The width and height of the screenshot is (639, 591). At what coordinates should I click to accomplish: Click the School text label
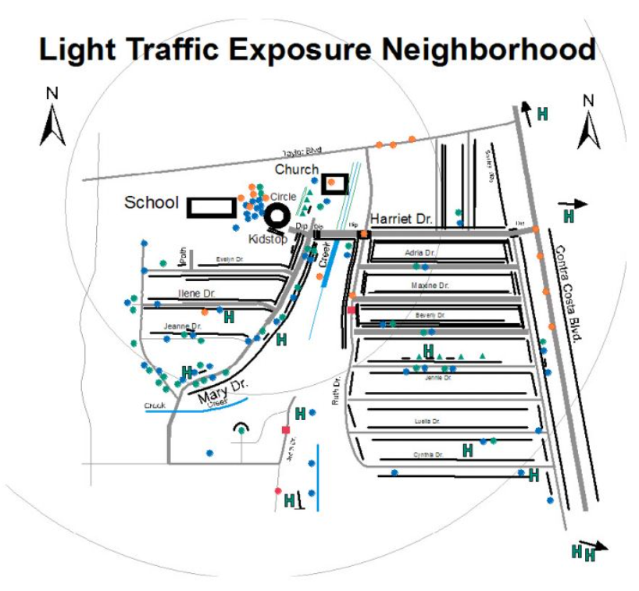pyautogui.click(x=152, y=203)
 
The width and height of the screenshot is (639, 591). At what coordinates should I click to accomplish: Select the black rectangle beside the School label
pyautogui.click(x=212, y=207)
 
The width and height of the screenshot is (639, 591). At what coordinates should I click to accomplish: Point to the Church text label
pyautogui.click(x=296, y=169)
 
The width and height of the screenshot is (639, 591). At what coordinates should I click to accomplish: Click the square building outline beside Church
pyautogui.click(x=335, y=183)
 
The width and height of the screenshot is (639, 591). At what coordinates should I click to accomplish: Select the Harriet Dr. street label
pyautogui.click(x=402, y=219)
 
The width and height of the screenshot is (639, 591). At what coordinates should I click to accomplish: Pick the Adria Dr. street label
pyautogui.click(x=420, y=253)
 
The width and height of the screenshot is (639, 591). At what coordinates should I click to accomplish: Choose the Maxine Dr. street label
pyautogui.click(x=430, y=286)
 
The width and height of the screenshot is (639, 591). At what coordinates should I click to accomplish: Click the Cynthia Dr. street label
pyautogui.click(x=428, y=454)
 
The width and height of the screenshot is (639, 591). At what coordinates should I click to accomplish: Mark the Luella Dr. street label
pyautogui.click(x=427, y=422)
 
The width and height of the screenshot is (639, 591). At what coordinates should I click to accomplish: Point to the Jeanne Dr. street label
pyautogui.click(x=183, y=326)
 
